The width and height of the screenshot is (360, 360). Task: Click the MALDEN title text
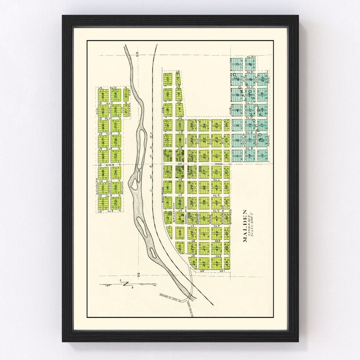(245, 226)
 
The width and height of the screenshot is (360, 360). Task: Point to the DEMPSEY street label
(198, 218)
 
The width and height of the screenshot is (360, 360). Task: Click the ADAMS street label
(268, 142)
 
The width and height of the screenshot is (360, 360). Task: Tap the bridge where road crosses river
(190, 296)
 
